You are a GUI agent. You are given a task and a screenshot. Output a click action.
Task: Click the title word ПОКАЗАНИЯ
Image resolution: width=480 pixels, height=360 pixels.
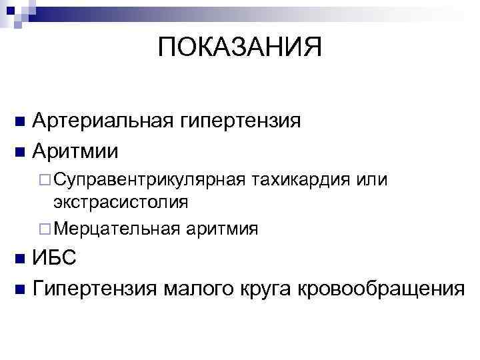pyautogui.click(x=240, y=48)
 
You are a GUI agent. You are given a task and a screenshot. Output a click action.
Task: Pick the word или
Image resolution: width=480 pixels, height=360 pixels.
pyautogui.click(x=373, y=180)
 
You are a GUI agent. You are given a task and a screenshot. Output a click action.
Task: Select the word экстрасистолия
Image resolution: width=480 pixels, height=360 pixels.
pyautogui.click(x=121, y=201)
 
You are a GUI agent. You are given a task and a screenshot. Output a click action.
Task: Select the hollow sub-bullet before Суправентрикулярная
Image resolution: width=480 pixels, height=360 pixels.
pyautogui.click(x=45, y=181)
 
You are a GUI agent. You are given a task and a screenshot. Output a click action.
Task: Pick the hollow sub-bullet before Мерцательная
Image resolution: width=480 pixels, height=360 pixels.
pyautogui.click(x=45, y=229)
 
